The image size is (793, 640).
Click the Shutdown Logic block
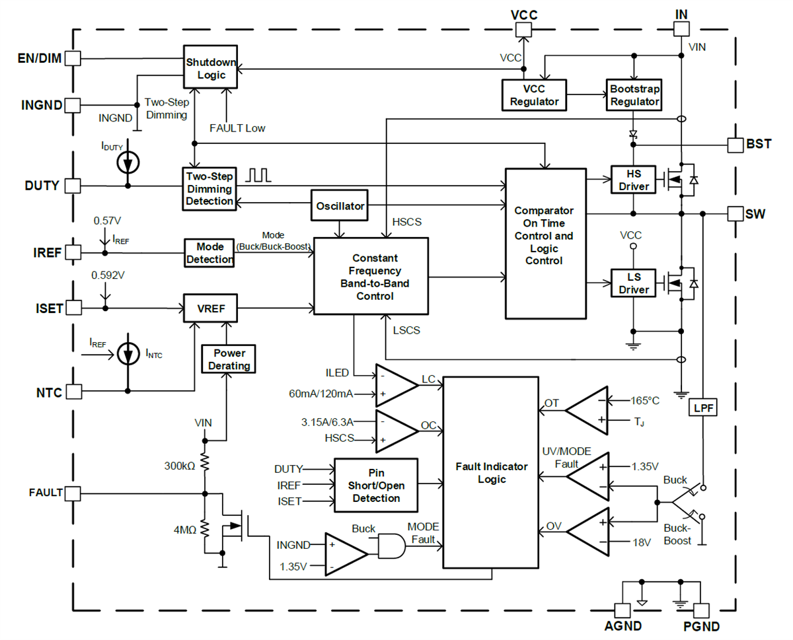click(x=209, y=68)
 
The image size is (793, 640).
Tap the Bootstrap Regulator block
click(x=634, y=95)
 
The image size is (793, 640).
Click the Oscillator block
click(x=339, y=205)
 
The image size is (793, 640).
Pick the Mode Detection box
click(x=209, y=253)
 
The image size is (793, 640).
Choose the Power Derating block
click(x=226, y=359)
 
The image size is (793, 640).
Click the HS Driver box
click(x=633, y=179)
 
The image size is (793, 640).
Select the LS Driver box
click(x=633, y=283)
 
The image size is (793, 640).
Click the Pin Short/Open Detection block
click(x=376, y=486)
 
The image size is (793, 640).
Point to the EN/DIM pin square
click(x=73, y=58)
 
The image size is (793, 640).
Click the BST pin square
click(x=734, y=144)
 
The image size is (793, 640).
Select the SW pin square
click(x=734, y=213)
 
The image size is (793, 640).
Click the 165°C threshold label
click(x=645, y=400)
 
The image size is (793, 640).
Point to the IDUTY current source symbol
click(x=128, y=162)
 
